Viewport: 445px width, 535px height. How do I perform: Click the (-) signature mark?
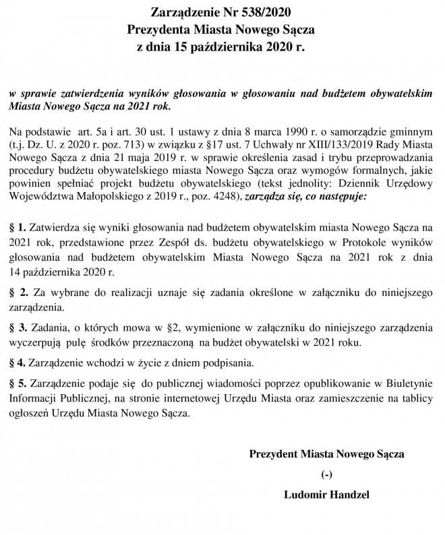(x=328, y=474)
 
